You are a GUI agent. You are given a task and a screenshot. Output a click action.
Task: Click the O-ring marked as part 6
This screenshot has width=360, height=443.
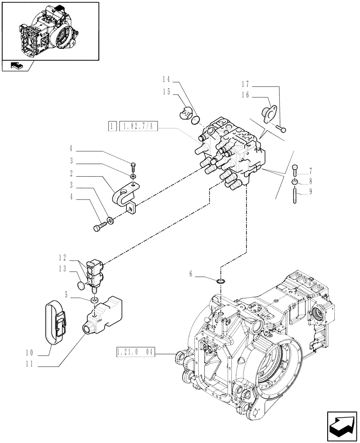coord(221,281)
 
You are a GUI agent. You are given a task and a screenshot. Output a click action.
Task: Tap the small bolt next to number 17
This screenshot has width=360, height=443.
coord(281,129)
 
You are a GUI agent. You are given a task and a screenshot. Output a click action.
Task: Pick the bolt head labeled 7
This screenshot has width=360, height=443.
coord(296,170)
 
